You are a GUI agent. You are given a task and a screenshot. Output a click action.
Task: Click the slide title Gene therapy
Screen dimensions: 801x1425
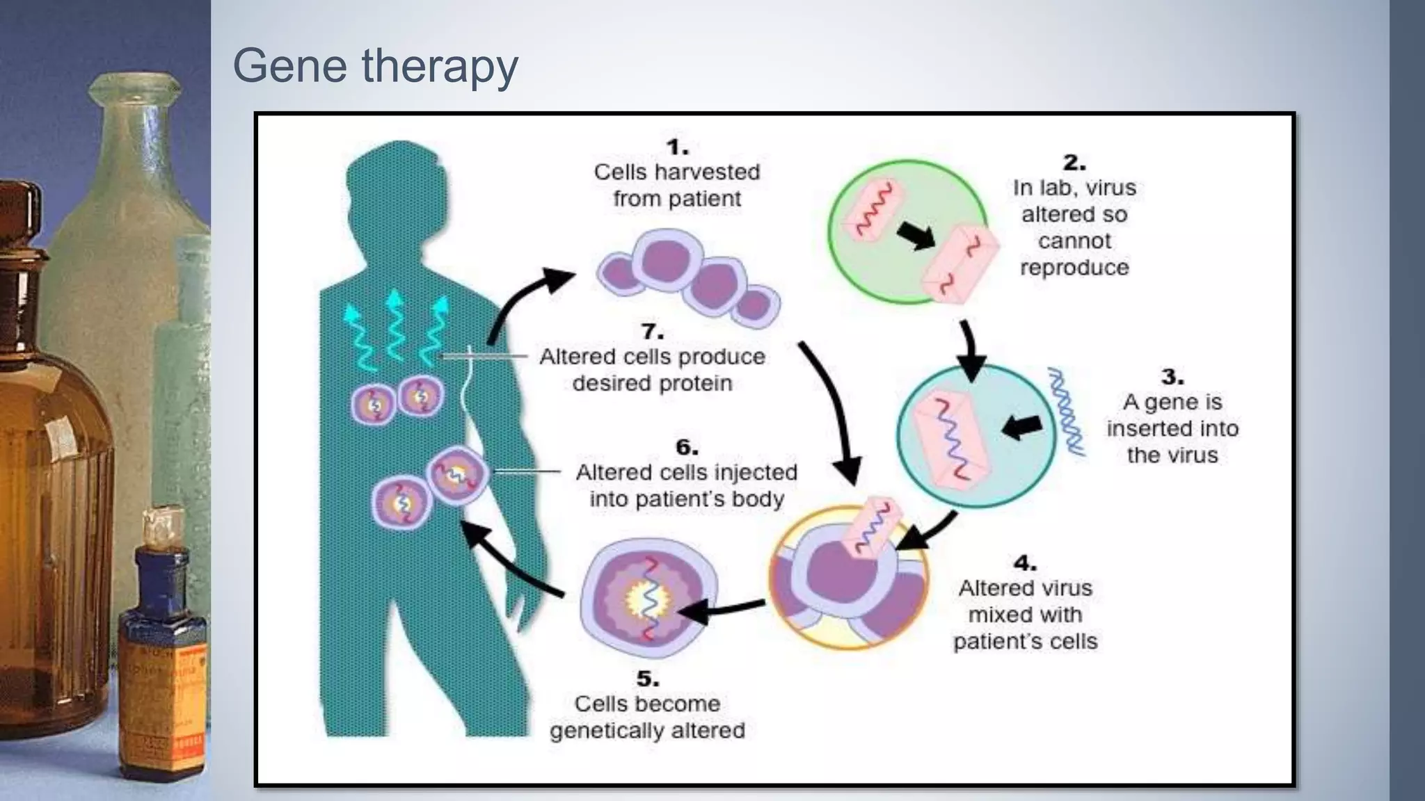pyautogui.click(x=375, y=65)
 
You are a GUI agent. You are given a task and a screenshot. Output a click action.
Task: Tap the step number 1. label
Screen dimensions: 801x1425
pyautogui.click(x=677, y=147)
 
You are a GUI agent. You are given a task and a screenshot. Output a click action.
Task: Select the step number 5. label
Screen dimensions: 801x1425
pyautogui.click(x=647, y=679)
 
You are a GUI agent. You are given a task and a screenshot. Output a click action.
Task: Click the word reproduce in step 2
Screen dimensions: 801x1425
pyautogui.click(x=1074, y=268)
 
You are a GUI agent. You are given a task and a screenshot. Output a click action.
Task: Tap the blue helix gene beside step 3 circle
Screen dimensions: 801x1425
pyautogui.click(x=1067, y=412)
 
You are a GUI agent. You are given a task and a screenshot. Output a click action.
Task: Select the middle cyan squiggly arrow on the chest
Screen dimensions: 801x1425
pyautogui.click(x=395, y=327)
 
